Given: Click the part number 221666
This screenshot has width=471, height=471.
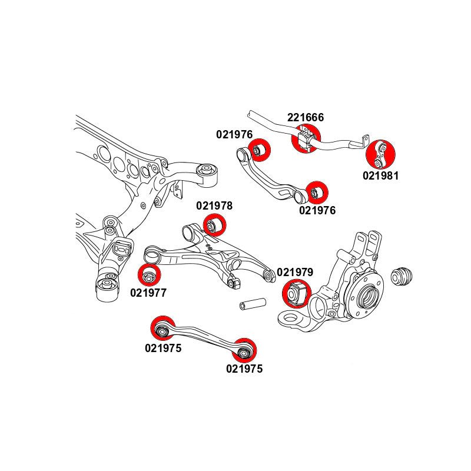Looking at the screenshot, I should [306, 118].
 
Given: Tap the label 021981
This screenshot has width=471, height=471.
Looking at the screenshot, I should [381, 175].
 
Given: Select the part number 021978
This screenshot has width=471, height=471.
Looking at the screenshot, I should [214, 206].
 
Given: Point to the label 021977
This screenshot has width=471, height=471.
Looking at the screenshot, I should [148, 291].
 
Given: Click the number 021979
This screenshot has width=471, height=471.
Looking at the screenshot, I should [295, 273].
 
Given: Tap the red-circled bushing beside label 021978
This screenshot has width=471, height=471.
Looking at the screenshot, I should [214, 225].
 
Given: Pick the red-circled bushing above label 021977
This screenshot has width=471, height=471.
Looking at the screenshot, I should [149, 276].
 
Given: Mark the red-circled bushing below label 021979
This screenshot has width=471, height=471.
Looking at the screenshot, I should [296, 293].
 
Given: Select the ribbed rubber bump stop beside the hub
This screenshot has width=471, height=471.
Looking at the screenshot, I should [403, 276].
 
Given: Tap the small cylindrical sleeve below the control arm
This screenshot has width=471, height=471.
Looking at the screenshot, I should [251, 306].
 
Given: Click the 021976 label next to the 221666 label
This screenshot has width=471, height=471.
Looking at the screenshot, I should [234, 134].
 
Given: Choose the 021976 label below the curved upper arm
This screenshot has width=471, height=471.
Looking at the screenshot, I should [317, 210].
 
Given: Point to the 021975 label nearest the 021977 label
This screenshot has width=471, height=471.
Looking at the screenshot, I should [163, 348].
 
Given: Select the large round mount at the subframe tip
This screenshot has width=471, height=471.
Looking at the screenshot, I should [207, 170].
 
